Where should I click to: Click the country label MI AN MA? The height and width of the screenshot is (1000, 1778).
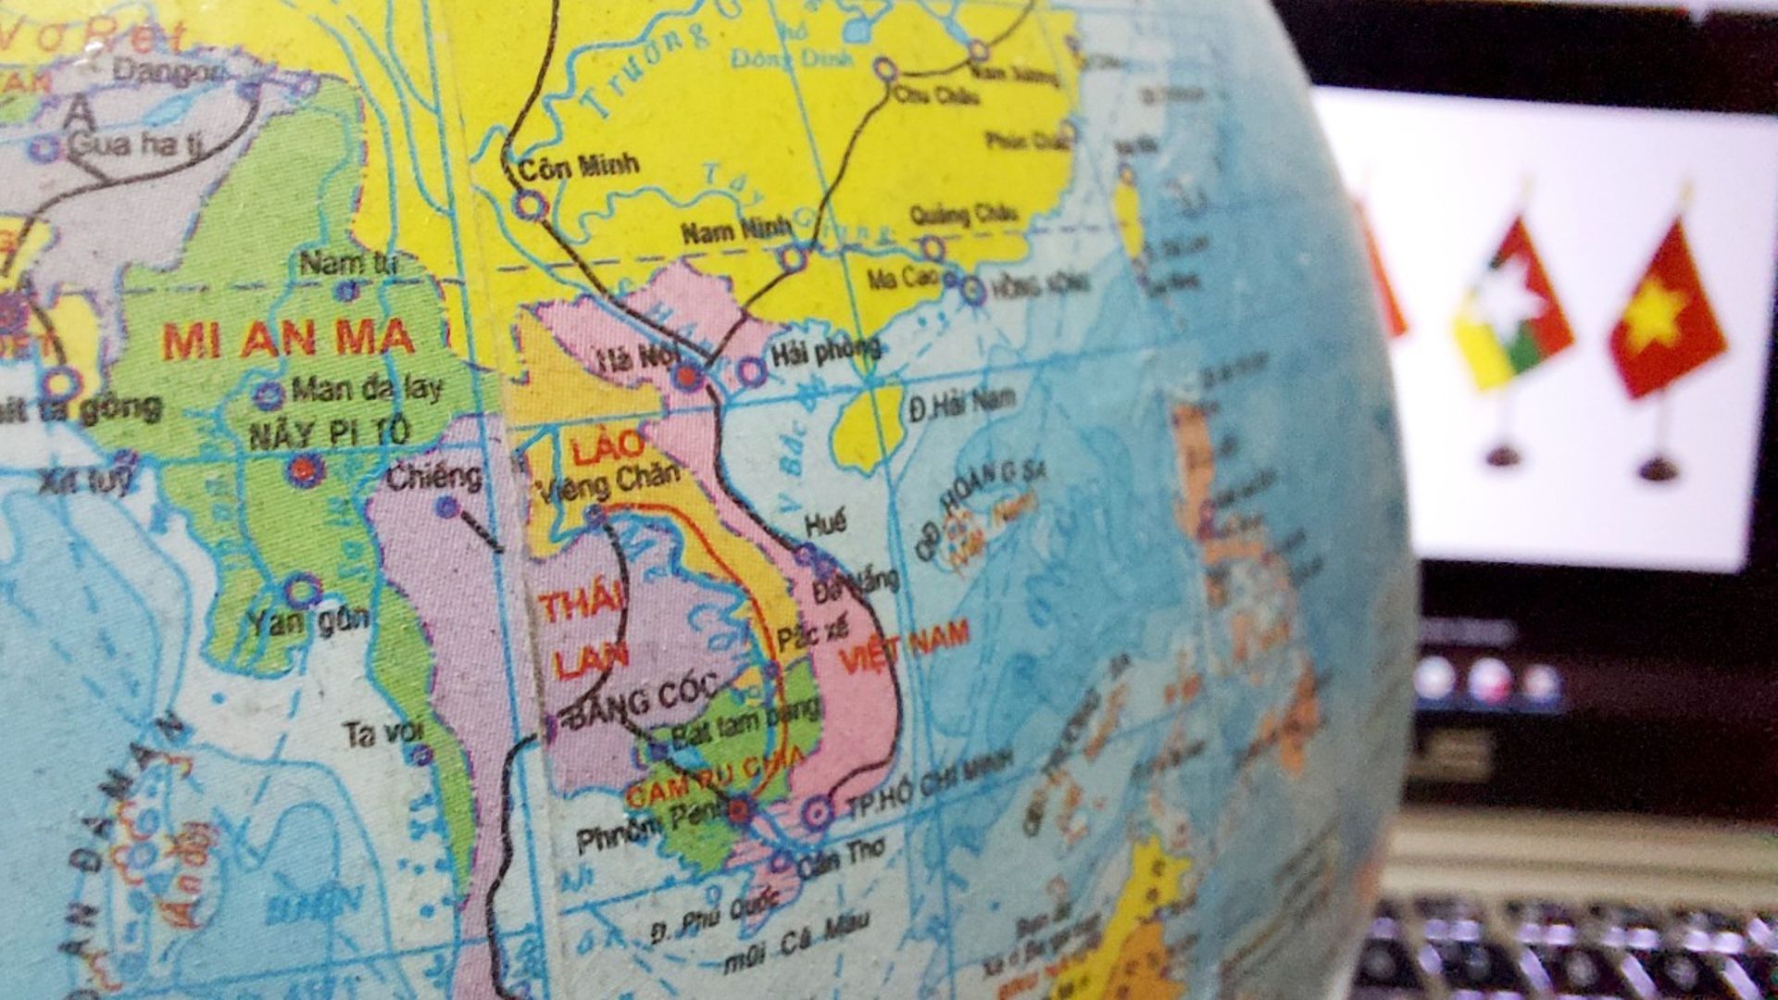tap(288, 340)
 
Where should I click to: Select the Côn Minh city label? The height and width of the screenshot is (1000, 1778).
tap(579, 168)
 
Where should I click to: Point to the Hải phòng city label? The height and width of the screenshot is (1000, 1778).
tap(825, 349)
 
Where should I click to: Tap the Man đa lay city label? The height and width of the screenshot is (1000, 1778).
tap(367, 388)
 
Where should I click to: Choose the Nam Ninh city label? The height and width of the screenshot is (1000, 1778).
tap(736, 231)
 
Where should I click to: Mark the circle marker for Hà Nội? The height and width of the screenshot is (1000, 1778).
tap(686, 376)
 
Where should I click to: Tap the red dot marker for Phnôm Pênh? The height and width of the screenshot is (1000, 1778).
tap(739, 812)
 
